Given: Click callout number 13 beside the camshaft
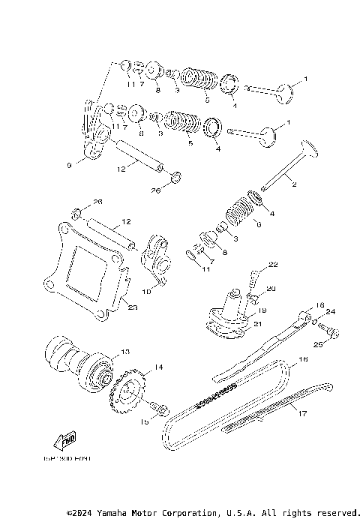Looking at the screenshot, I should (x=124, y=352).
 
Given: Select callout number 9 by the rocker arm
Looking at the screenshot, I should (x=70, y=165).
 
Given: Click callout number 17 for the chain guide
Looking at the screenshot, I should (x=302, y=412).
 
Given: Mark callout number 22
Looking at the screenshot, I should (x=273, y=265).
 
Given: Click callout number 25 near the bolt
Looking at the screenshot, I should (x=316, y=346).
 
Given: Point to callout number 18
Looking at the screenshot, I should (x=319, y=305).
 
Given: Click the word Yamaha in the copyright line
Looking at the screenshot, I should (x=115, y=512).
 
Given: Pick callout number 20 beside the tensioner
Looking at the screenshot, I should (x=271, y=289).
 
